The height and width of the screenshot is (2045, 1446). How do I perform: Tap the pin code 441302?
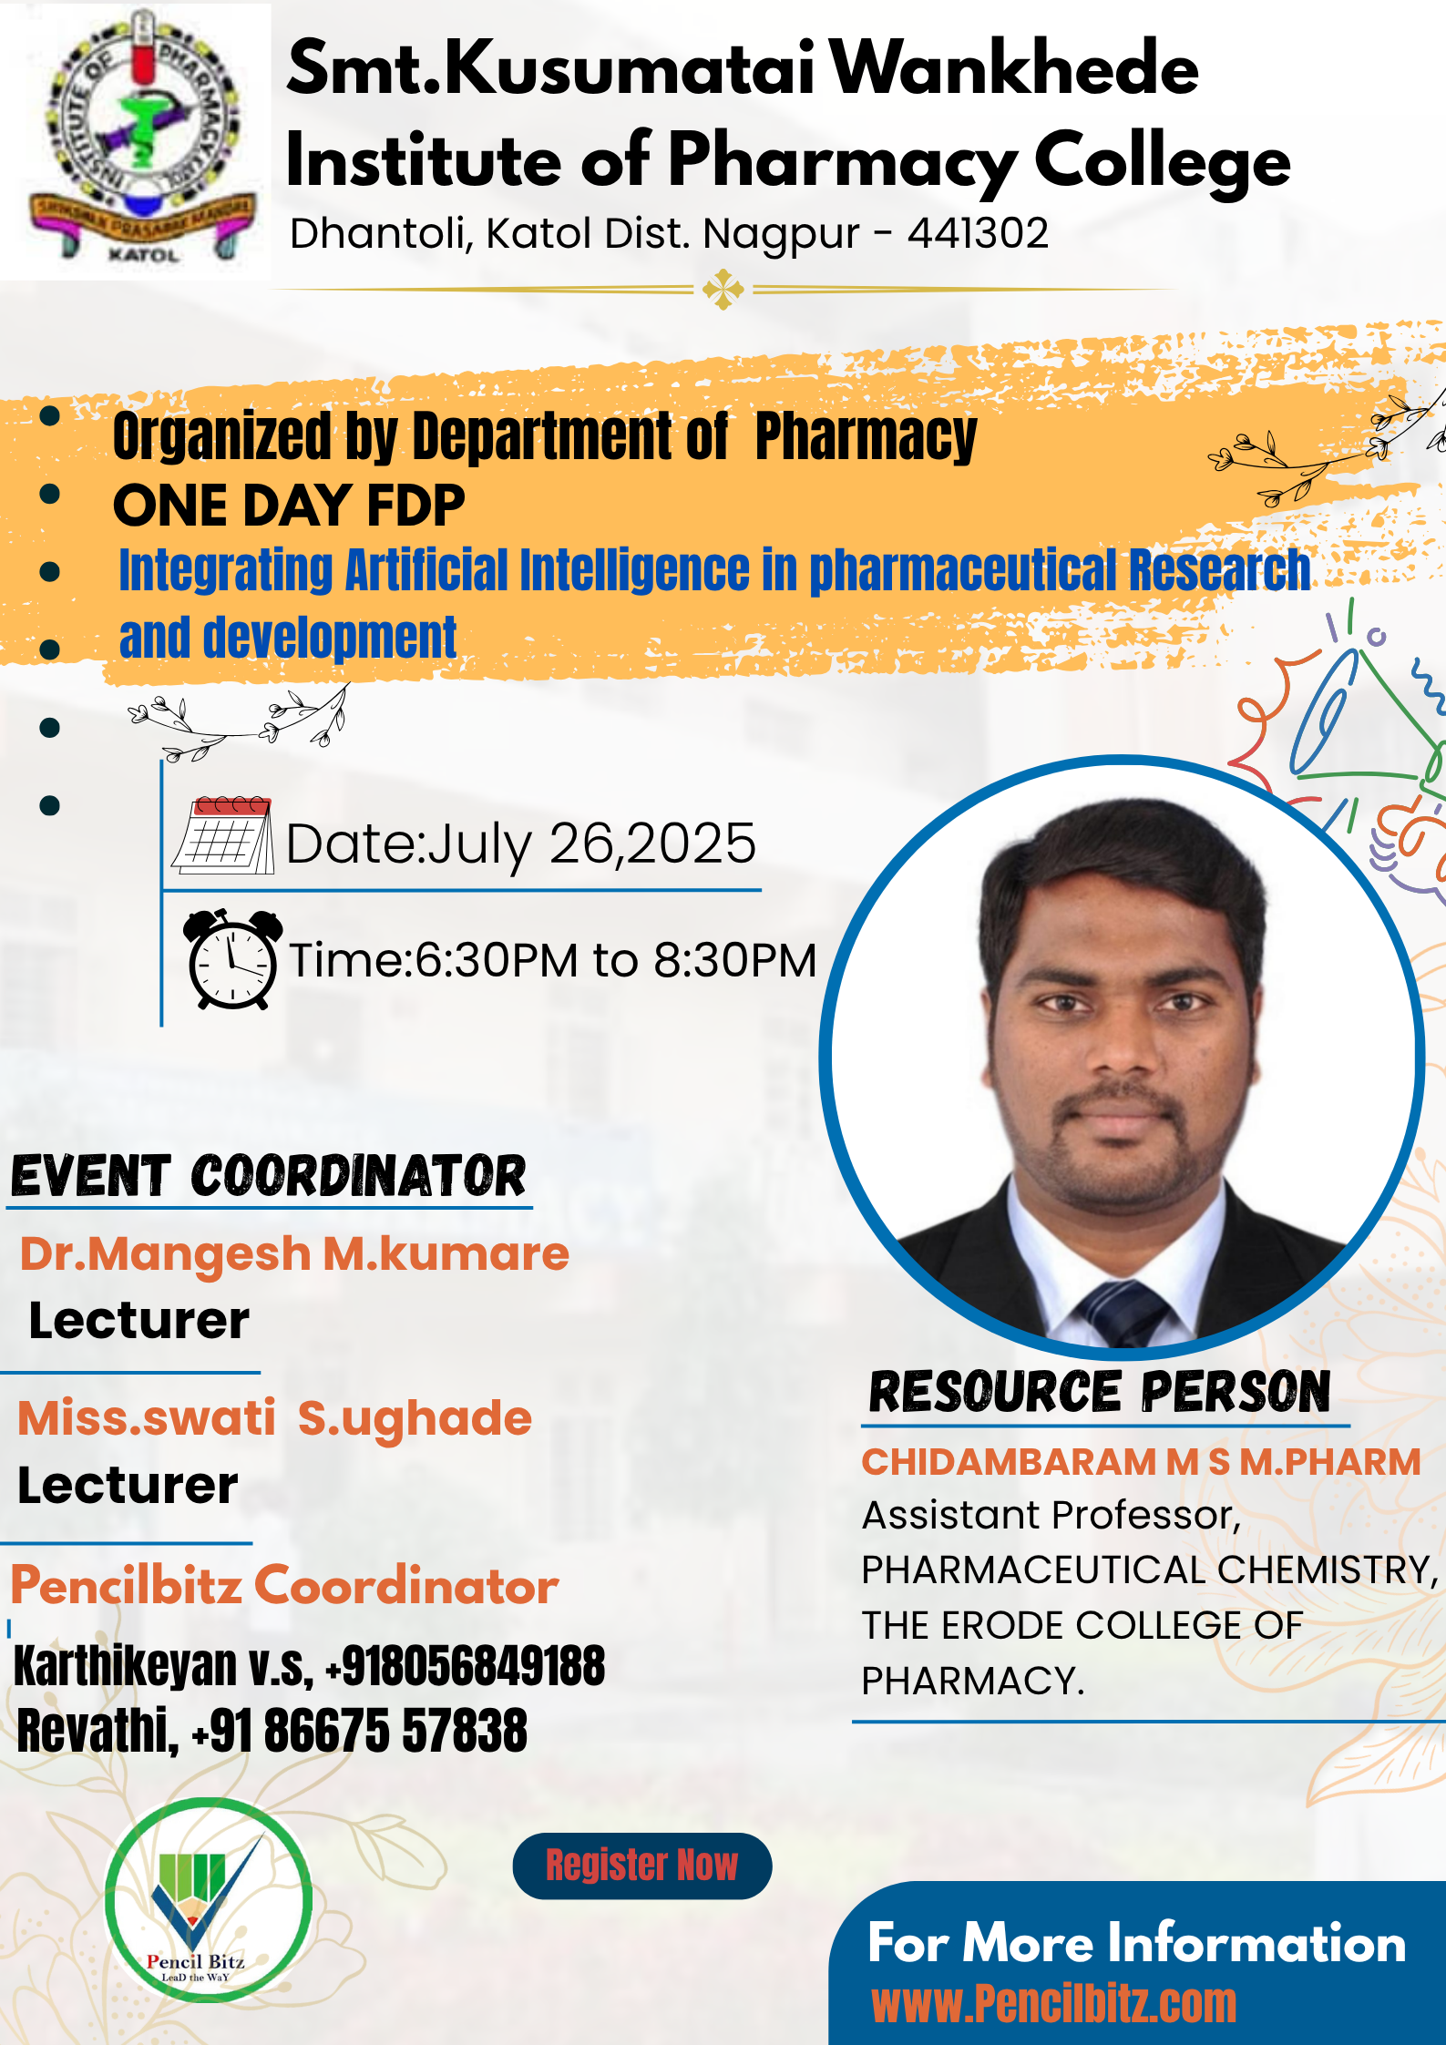click(978, 233)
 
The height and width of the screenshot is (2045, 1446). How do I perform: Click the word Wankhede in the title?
click(1015, 69)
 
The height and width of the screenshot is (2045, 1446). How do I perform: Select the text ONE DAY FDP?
click(289, 506)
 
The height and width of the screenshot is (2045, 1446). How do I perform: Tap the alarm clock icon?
click(231, 959)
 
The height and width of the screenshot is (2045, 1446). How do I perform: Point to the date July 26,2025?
click(591, 844)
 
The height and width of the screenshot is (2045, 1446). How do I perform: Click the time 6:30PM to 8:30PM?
click(616, 960)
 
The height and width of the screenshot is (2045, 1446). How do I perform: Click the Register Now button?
click(642, 1866)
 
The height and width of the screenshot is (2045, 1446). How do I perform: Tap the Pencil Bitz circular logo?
click(209, 1900)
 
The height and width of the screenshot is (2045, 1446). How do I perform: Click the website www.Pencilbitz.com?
click(1054, 2004)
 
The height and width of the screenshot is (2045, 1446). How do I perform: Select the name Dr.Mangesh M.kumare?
click(294, 1253)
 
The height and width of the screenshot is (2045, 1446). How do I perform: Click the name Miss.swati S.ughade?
click(274, 1418)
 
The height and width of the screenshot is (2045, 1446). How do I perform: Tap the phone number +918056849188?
click(466, 1667)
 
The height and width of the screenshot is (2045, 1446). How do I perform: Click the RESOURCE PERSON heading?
click(1100, 1393)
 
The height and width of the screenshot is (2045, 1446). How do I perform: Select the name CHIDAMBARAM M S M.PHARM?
click(1141, 1462)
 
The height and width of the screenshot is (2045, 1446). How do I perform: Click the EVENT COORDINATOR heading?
click(269, 1176)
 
